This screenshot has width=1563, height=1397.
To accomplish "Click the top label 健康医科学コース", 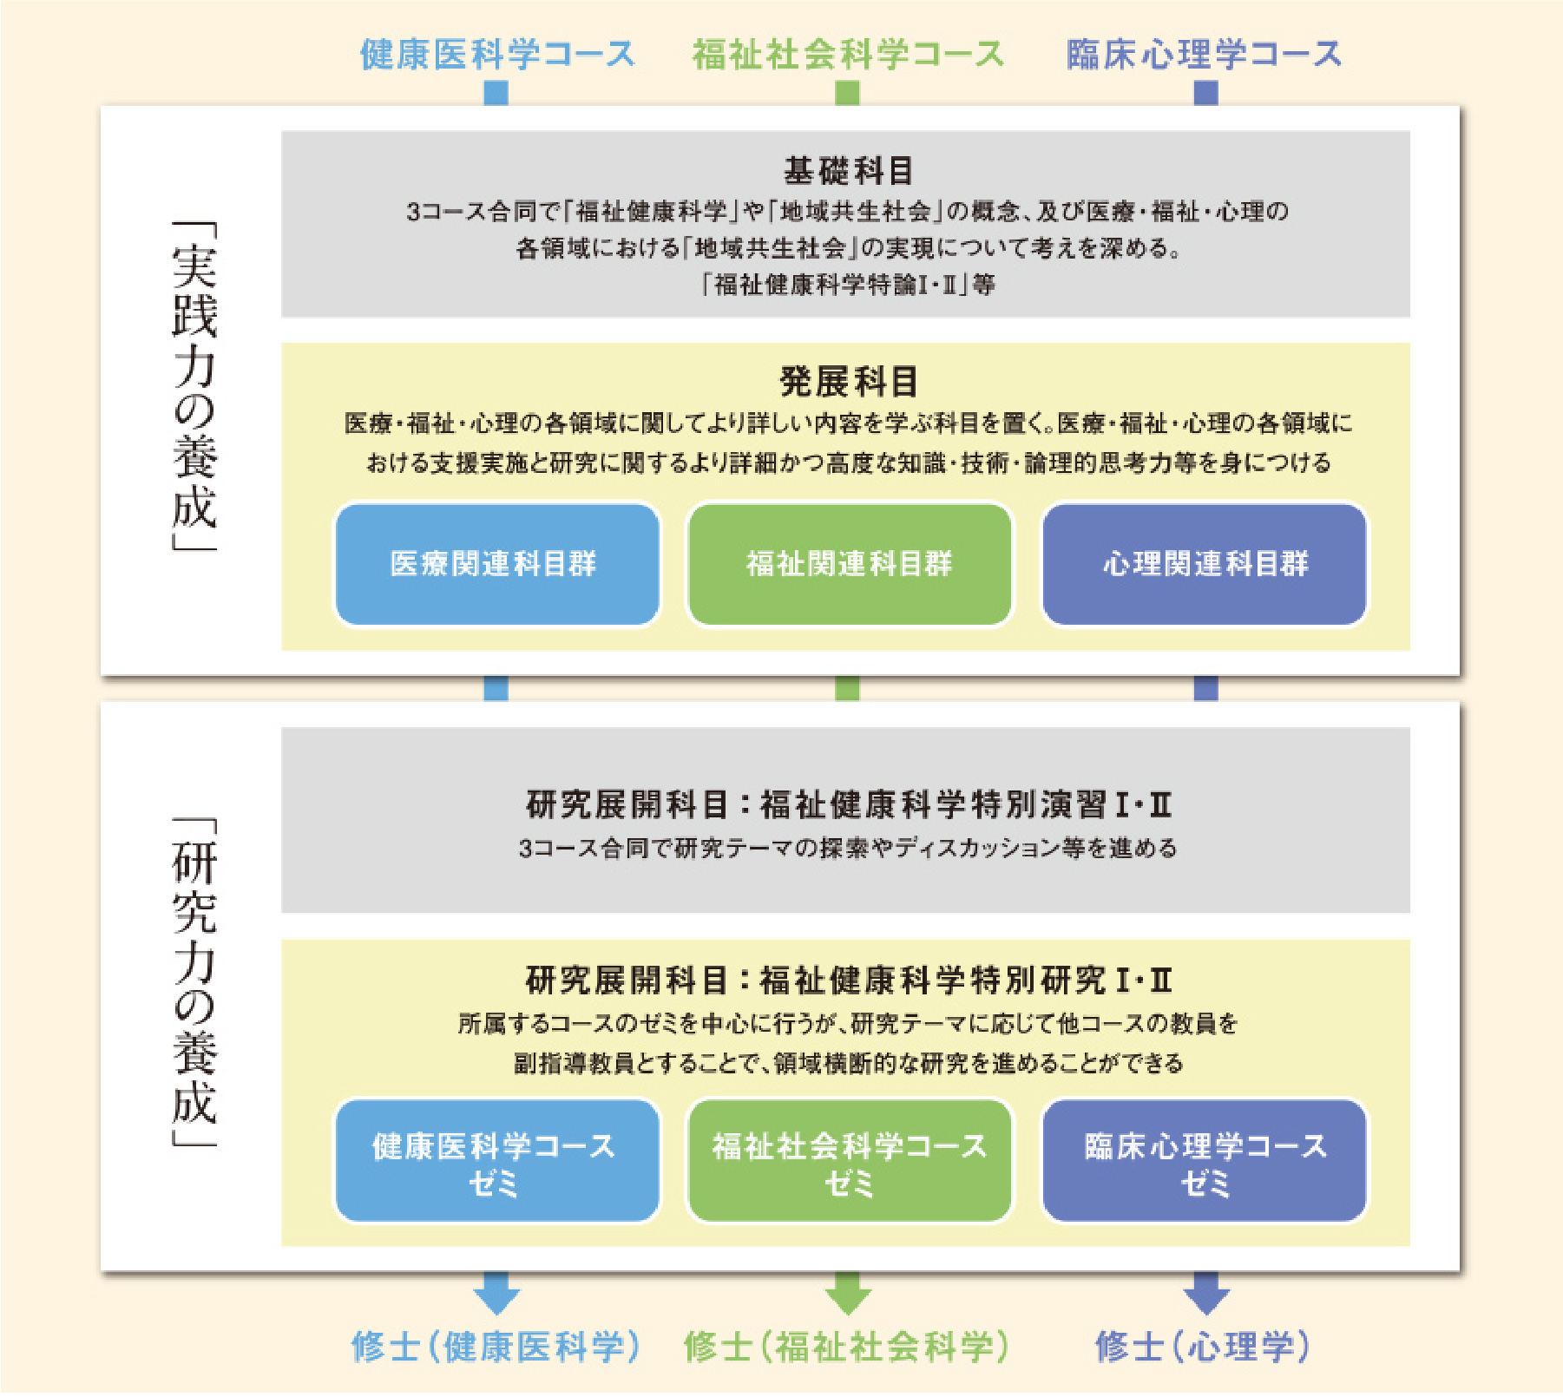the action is pyautogui.click(x=497, y=54).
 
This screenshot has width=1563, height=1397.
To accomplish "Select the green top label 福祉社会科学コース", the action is pyautogui.click(x=848, y=54).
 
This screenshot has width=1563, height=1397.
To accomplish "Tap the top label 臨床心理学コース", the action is pyautogui.click(x=1204, y=54).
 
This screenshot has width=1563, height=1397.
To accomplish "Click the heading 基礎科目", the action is pyautogui.click(x=848, y=171).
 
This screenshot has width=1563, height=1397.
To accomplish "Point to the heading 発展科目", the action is pyautogui.click(x=848, y=381).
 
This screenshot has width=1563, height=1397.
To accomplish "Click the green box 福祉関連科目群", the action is pyautogui.click(x=849, y=564).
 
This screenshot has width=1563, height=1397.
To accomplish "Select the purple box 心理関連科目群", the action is pyautogui.click(x=1205, y=564).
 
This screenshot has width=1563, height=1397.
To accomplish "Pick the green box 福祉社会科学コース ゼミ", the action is pyautogui.click(x=849, y=1161).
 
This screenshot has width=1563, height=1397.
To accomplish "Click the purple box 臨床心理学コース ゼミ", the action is pyautogui.click(x=1205, y=1161).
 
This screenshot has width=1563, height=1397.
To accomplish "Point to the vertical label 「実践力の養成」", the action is pyautogui.click(x=194, y=386).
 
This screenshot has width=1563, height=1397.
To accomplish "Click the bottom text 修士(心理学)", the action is pyautogui.click(x=1203, y=1347).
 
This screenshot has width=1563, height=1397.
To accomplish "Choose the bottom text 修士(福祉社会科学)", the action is pyautogui.click(x=847, y=1347).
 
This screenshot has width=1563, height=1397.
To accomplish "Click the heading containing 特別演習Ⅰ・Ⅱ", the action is pyautogui.click(x=849, y=804).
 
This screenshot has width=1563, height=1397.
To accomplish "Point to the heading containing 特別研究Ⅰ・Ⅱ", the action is pyautogui.click(x=849, y=981).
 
